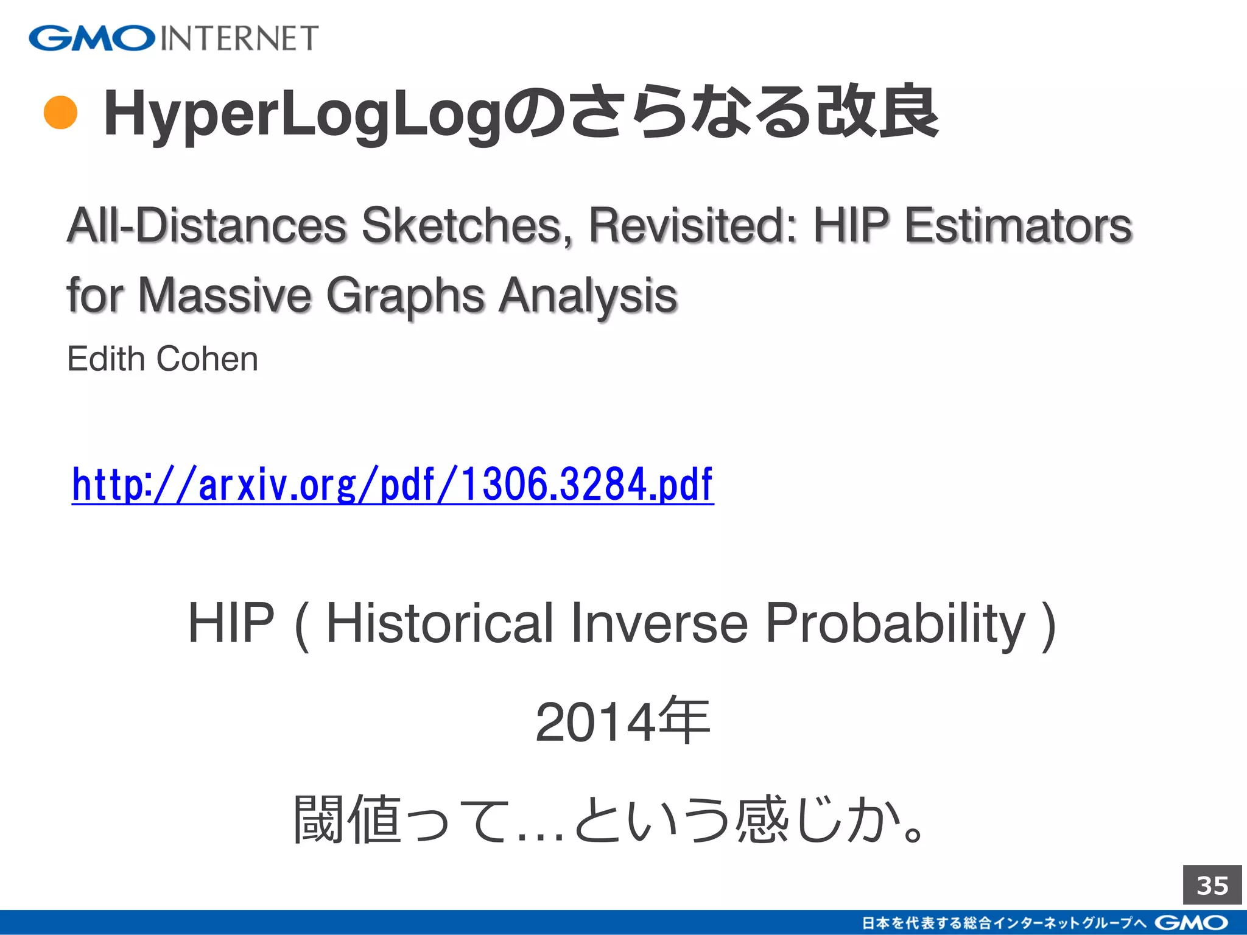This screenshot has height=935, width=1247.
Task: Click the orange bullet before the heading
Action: tap(61, 113)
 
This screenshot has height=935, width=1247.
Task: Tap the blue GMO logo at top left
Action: tap(92, 38)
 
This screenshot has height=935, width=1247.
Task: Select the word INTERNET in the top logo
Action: tap(239, 38)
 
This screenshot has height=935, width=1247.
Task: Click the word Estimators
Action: tap(1017, 226)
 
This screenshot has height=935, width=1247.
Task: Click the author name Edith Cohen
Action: tap(163, 359)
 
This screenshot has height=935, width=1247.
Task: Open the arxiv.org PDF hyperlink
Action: tap(392, 485)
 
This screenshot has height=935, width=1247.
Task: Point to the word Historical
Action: tap(440, 623)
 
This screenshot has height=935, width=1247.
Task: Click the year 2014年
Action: tap(622, 722)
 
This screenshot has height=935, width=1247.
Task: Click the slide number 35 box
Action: tap(1212, 885)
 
